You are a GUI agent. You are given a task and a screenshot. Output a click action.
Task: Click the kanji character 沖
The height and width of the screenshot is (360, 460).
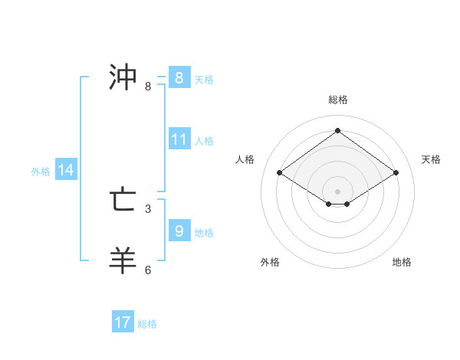[x=123, y=77]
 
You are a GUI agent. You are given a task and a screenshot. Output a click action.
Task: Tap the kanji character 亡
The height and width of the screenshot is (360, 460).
[x=123, y=200]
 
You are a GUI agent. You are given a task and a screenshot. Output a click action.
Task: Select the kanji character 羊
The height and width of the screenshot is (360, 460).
[x=123, y=260]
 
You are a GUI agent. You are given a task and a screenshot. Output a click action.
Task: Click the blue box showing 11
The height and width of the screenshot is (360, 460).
[x=179, y=139]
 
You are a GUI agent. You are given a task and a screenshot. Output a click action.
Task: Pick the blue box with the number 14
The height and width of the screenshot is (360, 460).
[x=66, y=171]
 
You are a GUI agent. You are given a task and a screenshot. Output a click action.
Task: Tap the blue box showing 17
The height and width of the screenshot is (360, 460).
[x=123, y=322]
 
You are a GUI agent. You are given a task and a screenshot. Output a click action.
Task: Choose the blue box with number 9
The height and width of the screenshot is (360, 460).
[x=179, y=231]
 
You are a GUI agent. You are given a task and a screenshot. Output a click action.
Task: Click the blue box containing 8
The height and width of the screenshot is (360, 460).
[x=179, y=78]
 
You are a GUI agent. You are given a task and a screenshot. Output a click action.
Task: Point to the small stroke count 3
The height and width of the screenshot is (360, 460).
[x=148, y=208]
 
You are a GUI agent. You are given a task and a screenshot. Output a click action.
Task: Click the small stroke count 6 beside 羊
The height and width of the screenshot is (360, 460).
[x=148, y=270]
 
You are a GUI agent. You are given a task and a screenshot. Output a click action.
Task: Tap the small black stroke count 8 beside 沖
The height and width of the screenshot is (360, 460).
[x=148, y=87]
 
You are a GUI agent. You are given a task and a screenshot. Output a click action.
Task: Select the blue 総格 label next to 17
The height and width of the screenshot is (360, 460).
[x=147, y=324]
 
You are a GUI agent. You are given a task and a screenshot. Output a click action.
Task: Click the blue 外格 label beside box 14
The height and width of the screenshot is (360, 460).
[x=41, y=172]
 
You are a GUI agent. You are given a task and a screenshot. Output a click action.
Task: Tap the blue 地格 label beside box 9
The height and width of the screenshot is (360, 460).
[x=204, y=232]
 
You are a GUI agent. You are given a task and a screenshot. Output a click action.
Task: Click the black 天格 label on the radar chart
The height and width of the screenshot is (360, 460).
[x=432, y=159]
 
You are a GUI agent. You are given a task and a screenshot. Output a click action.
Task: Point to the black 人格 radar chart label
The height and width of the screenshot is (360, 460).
[x=245, y=159]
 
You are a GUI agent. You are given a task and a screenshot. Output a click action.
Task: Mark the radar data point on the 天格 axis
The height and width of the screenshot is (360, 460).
[x=396, y=173]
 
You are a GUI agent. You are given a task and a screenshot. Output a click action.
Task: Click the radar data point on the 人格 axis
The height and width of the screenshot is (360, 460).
[x=280, y=173]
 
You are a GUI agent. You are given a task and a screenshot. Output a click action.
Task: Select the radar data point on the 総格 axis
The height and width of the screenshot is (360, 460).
[x=337, y=131]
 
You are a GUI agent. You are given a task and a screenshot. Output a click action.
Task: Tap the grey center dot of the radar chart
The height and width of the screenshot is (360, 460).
[x=337, y=190]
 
